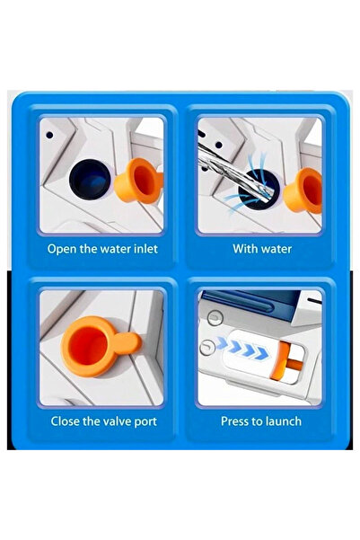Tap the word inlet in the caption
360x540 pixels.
pos(145,249)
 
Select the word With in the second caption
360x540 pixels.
pos(243,249)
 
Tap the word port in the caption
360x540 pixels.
pos(145,422)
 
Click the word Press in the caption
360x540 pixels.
pos(235,421)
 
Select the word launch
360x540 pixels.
pos(284,421)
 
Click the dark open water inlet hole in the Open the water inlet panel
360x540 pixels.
pos(91,180)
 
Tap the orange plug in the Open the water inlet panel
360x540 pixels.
pos(138,181)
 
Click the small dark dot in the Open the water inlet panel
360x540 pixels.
pos(49,136)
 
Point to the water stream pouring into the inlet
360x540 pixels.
pos(234,173)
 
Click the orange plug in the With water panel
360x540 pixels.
pos(303,190)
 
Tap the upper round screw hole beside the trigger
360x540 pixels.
pos(215,317)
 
